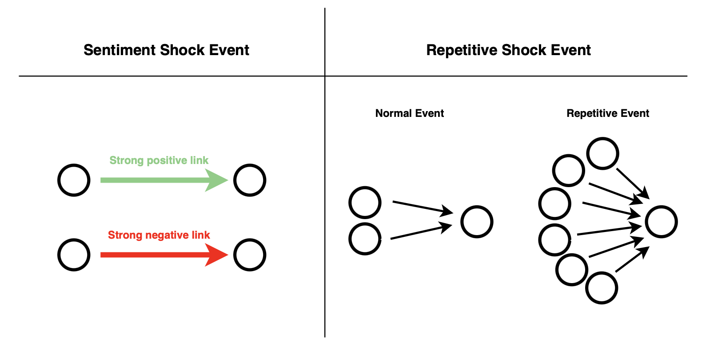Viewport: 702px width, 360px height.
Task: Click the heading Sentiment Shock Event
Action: (x=166, y=50)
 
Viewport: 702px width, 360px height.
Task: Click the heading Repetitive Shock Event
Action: (x=508, y=50)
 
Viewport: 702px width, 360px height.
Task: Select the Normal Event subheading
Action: (x=409, y=113)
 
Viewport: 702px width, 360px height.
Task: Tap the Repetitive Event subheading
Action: (x=607, y=113)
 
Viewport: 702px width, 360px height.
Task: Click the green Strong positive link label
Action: (x=159, y=160)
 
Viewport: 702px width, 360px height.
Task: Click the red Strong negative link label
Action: (x=159, y=235)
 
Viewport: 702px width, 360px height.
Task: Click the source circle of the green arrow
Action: (x=74, y=180)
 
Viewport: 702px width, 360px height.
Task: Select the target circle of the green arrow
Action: (x=250, y=180)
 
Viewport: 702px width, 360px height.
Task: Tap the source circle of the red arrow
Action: (x=74, y=255)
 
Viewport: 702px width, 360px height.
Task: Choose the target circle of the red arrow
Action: (x=250, y=255)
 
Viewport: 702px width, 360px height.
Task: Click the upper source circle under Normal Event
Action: (x=365, y=202)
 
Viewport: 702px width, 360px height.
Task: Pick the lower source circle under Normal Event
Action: (x=365, y=239)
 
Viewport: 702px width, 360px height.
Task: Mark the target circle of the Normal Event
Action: (x=477, y=221)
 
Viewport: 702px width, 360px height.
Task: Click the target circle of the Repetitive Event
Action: (x=661, y=221)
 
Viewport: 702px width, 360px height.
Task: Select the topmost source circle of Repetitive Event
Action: (x=602, y=153)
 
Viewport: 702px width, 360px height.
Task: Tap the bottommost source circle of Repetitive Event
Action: (x=602, y=288)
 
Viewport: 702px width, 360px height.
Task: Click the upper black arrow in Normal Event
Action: (x=422, y=207)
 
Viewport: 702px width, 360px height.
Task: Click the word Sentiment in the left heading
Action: (x=120, y=50)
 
